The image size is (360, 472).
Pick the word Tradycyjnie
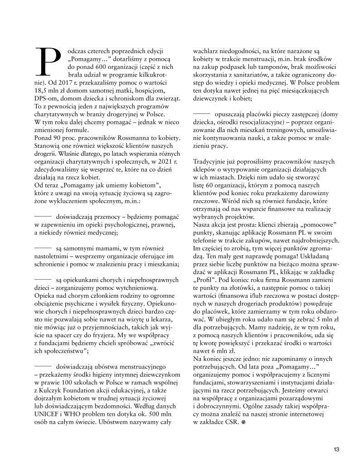(x=212, y=161)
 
